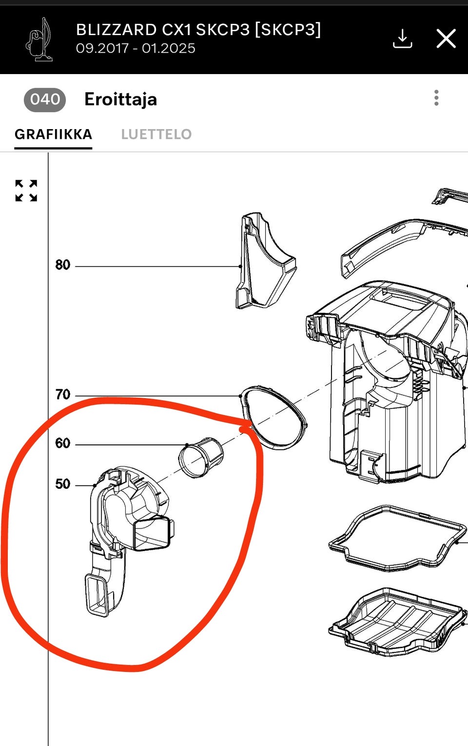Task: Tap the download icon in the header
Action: tap(402, 38)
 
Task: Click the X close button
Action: tap(446, 38)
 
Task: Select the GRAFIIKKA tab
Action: tap(53, 134)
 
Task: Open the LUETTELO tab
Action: tap(156, 134)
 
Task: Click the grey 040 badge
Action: tap(45, 99)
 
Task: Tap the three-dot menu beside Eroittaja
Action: tap(436, 98)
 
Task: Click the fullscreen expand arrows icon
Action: tap(26, 191)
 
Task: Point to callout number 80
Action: tap(62, 265)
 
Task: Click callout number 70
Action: tap(62, 395)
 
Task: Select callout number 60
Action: tap(62, 443)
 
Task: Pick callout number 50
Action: tap(62, 484)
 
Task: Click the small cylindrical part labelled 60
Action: tap(201, 459)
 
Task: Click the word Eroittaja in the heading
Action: tap(120, 99)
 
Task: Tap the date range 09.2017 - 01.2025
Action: tap(136, 49)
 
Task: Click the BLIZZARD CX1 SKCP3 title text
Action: tap(198, 30)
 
